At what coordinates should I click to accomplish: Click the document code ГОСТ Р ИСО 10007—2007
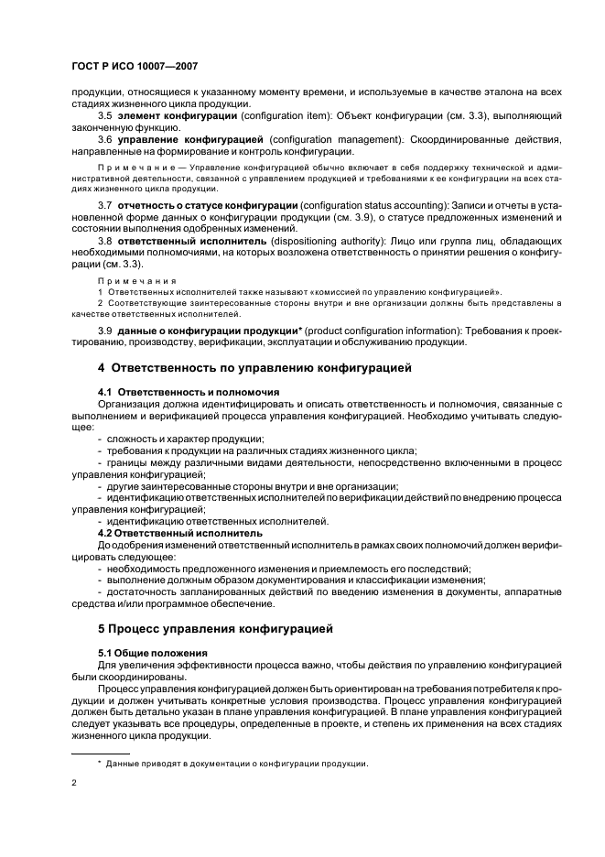[134, 67]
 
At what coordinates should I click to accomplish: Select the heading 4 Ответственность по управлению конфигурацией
[254, 368]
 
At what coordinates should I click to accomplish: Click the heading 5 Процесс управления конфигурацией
[215, 629]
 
